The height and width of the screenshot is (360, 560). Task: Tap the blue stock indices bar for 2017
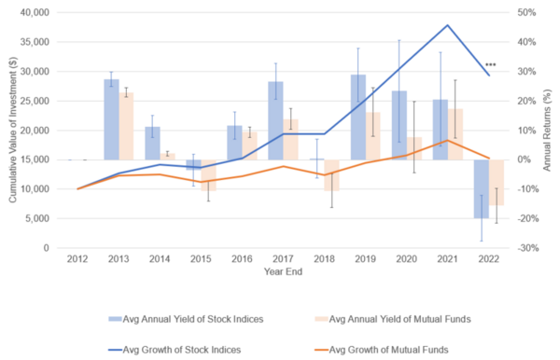[x=275, y=120]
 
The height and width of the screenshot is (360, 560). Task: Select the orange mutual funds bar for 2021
[x=455, y=134]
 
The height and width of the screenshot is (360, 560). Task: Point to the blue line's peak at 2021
[x=447, y=25]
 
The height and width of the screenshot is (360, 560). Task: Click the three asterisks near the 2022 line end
[x=491, y=64]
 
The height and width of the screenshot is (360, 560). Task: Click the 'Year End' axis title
[x=282, y=273]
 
